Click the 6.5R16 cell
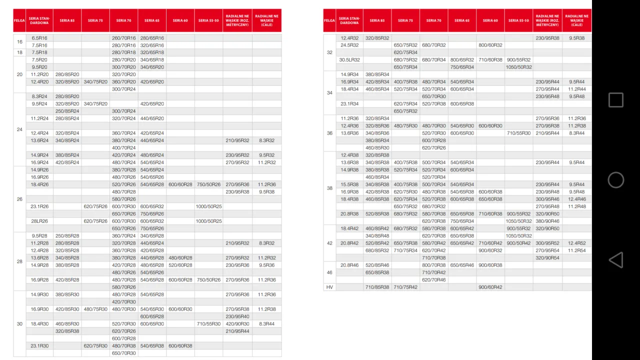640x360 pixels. (39, 38)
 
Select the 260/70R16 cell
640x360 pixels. (123, 38)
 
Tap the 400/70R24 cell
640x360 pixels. (123, 148)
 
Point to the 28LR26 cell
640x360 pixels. (39, 221)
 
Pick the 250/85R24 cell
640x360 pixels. (67, 111)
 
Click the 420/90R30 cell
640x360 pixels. (237, 324)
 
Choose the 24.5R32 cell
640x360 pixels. (349, 45)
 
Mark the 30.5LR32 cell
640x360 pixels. (349, 60)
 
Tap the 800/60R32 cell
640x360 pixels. (490, 45)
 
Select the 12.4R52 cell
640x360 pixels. (576, 243)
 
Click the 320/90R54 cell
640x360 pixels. (547, 258)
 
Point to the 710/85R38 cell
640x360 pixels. (377, 287)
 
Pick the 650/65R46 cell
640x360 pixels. (462, 265)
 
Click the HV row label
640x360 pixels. (329, 287)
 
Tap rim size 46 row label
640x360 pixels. (329, 272)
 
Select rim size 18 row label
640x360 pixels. (19, 52)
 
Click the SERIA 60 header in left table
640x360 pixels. (180, 20)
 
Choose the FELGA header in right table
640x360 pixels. (329, 20)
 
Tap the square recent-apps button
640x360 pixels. (615, 100)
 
